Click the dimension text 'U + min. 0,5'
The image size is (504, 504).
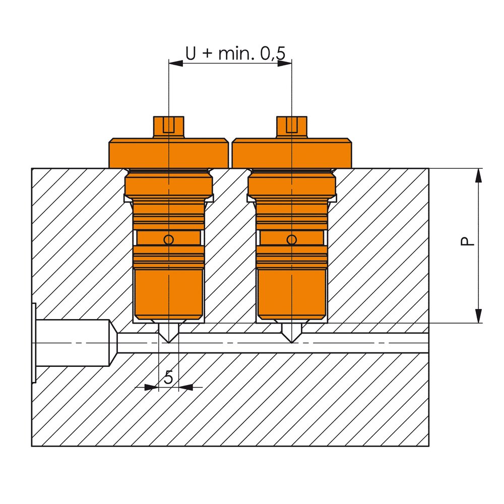coord(235,53)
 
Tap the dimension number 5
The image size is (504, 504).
coord(168,377)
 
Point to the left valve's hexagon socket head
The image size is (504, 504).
coord(169,128)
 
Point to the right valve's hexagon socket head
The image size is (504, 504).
coord(292,128)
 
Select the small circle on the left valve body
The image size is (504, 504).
coord(169,240)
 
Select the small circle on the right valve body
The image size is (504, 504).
coord(292,240)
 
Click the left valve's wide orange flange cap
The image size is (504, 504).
coord(169,153)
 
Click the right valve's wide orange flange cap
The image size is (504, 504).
coord(292,153)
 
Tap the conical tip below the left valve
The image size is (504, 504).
coord(169,333)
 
